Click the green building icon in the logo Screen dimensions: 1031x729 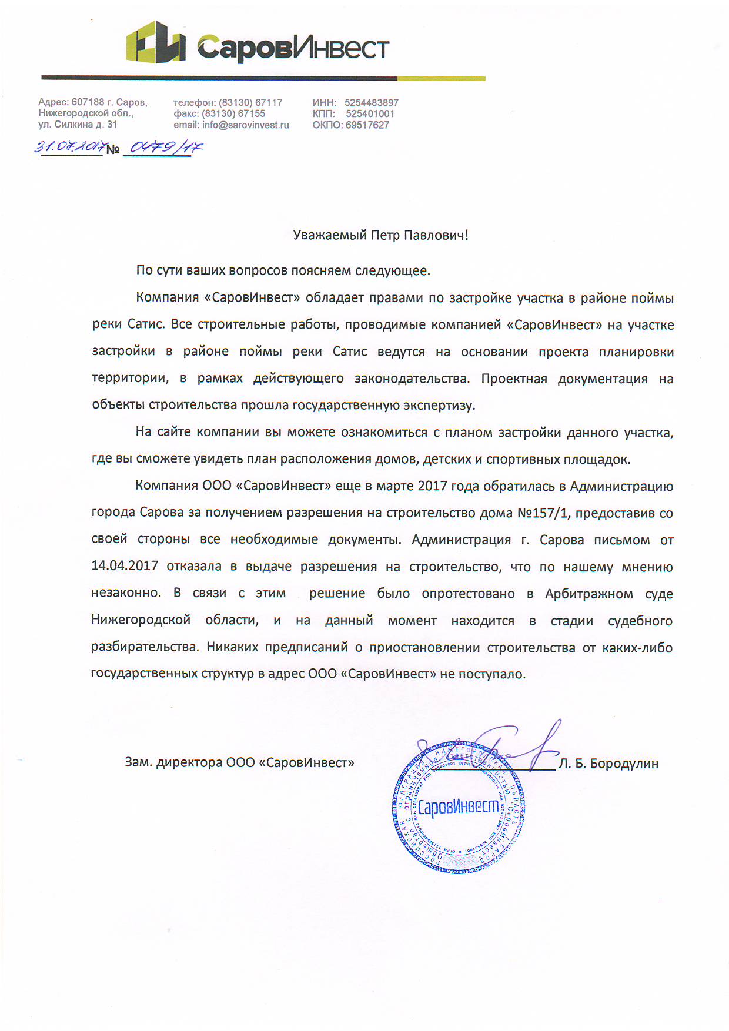coord(155,42)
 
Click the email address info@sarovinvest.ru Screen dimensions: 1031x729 coord(245,125)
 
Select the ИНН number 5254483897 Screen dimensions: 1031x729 coord(371,103)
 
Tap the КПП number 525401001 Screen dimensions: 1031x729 coord(370,114)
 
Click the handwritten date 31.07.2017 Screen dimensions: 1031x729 coord(70,146)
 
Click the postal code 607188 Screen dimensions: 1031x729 coord(88,103)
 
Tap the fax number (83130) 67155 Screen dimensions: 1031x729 coord(233,114)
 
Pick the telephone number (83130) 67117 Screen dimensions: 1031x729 coord(250,103)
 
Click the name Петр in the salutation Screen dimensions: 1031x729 coord(385,236)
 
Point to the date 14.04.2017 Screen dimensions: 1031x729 coord(125,566)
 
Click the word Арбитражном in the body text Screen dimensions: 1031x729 coord(588,594)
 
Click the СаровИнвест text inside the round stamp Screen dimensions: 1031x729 coord(458,807)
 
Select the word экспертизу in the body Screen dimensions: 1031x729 coord(439,405)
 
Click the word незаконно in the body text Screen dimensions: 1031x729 coord(126,593)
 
